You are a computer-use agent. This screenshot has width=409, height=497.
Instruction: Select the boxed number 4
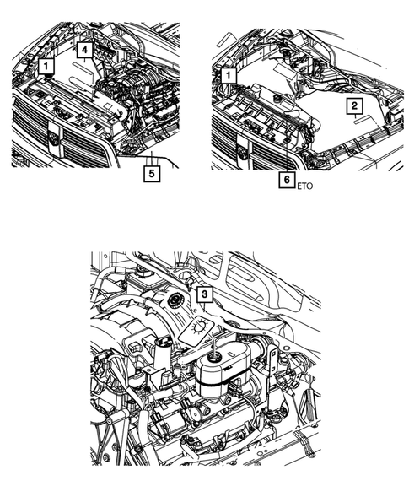[86, 51]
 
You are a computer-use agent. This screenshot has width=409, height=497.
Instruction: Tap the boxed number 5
[151, 174]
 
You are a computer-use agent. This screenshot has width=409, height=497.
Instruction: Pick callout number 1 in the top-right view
[226, 76]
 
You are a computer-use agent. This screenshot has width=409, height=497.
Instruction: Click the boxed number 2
[354, 105]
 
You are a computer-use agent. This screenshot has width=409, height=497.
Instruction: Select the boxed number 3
[204, 294]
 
